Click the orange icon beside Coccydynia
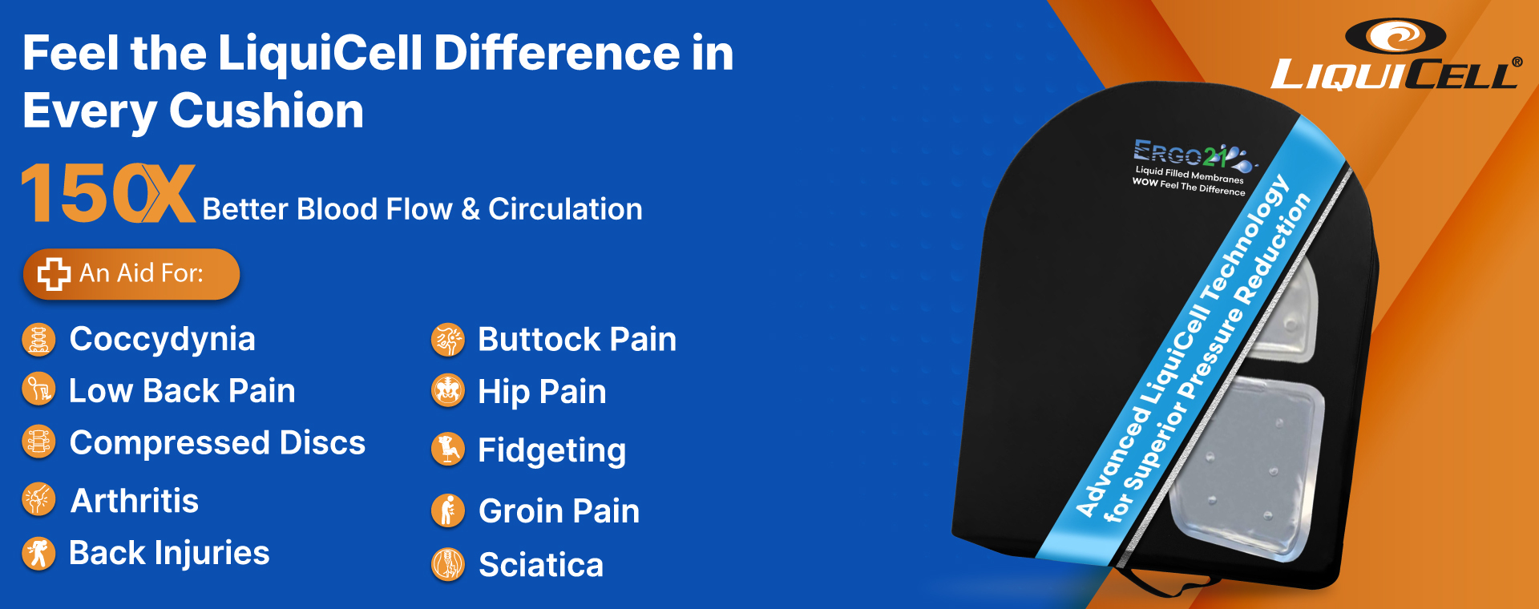point(38,340)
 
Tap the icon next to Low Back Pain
point(38,390)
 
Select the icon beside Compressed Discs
point(38,442)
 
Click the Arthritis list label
point(135,501)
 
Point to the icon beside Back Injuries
point(38,553)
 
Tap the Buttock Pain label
point(577,340)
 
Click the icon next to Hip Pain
point(448,391)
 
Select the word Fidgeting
point(551,450)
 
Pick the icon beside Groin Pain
point(448,510)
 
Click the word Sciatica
point(541,565)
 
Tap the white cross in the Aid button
point(54,274)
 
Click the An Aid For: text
point(141,273)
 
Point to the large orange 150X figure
point(107,193)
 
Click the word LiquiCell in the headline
point(320,53)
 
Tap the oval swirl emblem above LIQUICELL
point(1395,36)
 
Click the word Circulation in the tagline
point(565,209)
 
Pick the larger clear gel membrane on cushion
point(1246,469)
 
